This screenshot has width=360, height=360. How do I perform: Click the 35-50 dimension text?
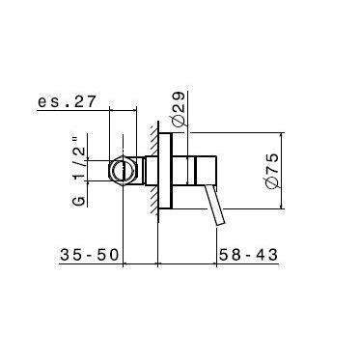click(x=89, y=255)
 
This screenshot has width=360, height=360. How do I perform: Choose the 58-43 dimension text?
click(x=247, y=255)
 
